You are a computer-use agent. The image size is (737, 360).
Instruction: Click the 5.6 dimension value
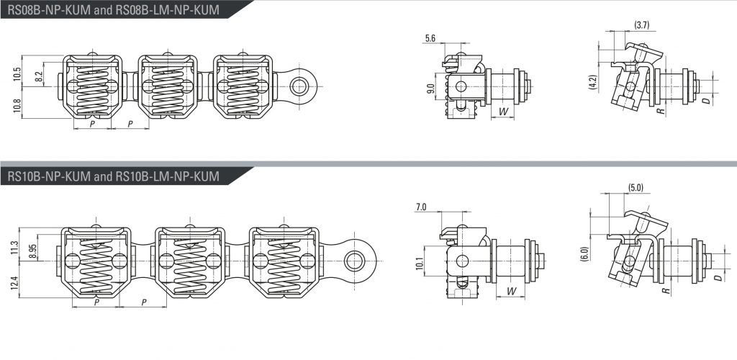tap(430, 37)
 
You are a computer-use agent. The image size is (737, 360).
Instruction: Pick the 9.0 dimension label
tap(430, 90)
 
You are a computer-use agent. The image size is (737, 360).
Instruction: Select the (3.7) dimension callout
tap(643, 25)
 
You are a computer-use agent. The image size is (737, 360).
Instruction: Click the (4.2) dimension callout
tap(592, 81)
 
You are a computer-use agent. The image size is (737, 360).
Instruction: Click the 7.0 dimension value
tap(421, 207)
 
